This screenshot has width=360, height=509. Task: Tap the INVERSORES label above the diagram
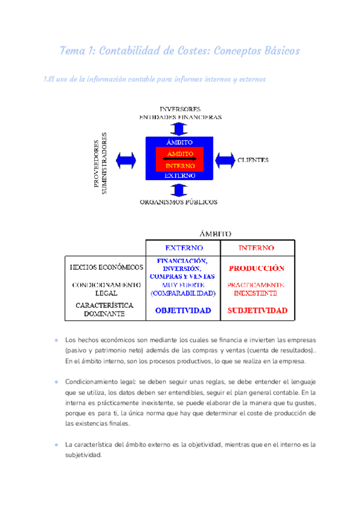pos(180,109)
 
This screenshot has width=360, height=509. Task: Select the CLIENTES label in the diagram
pos(253,160)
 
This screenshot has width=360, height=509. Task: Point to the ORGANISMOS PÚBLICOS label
pos(178,202)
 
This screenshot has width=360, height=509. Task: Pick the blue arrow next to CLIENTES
pos(224,160)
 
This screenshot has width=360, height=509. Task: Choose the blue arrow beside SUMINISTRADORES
pos(127,160)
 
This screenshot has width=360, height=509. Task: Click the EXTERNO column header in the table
pos(184,247)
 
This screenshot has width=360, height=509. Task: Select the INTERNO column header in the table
pos(256,247)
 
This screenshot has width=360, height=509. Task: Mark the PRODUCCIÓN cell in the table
pos(256,268)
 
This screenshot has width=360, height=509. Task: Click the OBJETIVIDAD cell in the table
pos(183,310)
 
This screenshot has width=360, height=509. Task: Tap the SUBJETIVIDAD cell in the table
pos(257,310)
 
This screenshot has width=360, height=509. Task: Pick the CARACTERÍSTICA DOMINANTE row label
pos(105,309)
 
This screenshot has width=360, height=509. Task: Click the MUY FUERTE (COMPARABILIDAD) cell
pos(183,289)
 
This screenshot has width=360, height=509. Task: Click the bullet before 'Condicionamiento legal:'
pos(56,382)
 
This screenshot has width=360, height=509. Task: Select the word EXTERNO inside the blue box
pos(180,176)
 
